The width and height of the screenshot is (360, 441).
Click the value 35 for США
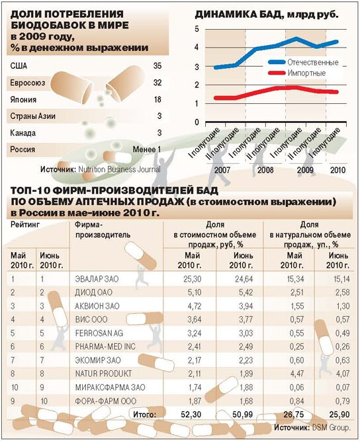(x=157, y=66)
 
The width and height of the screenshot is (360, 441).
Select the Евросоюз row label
(x=28, y=83)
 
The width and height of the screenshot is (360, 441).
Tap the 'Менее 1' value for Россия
(x=147, y=149)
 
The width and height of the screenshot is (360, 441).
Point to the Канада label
(x=22, y=133)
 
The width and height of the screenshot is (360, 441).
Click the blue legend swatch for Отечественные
(x=277, y=62)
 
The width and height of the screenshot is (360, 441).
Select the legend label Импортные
(x=306, y=73)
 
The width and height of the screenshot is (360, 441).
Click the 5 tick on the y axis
(x=197, y=29)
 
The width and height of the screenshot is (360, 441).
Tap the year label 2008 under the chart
(x=265, y=170)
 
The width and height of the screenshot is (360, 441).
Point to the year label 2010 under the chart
(x=337, y=170)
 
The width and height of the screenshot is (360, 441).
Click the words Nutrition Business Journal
(x=119, y=169)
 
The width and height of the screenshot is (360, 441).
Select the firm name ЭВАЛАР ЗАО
(x=97, y=279)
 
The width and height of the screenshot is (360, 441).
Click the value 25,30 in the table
(x=193, y=279)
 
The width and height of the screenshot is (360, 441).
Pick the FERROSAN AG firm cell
(x=99, y=333)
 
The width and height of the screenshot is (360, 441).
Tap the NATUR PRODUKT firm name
(x=103, y=374)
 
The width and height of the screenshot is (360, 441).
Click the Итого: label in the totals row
(x=144, y=415)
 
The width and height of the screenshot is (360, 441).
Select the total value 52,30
(x=192, y=415)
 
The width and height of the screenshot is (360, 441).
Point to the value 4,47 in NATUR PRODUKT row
(x=296, y=374)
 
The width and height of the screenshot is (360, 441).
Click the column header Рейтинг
(x=25, y=224)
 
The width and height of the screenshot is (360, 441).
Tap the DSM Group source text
(x=331, y=428)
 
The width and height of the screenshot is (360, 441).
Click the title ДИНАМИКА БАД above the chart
(x=238, y=15)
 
